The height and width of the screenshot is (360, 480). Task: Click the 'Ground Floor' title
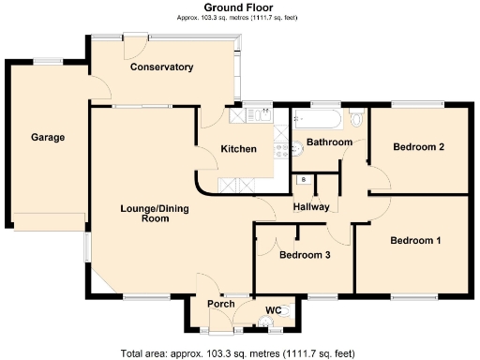coord(238,7)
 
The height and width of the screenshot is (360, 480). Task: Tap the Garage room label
coord(48,138)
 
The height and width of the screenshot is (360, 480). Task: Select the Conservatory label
coord(161,67)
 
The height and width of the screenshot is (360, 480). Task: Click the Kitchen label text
coord(238,150)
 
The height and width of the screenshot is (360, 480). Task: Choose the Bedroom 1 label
coord(415,241)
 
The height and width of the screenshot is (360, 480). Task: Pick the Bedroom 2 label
coord(418,147)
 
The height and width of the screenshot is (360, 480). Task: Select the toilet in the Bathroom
coord(355,120)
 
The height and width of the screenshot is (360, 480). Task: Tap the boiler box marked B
coord(303,179)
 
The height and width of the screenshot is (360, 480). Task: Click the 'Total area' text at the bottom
coord(238,353)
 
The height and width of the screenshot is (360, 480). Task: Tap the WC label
coord(274,309)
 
